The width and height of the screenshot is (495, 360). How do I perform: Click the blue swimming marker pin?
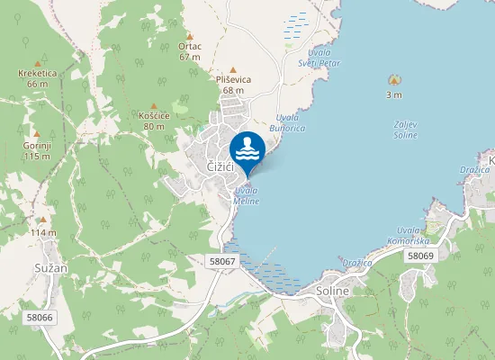(247, 149)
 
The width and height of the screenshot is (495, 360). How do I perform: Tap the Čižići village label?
(220, 167)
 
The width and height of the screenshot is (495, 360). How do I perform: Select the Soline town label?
(332, 291)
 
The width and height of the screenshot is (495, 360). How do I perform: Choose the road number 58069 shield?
(420, 256)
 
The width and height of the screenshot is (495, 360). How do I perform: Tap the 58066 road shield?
(40, 318)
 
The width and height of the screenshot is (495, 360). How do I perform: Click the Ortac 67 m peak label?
(189, 50)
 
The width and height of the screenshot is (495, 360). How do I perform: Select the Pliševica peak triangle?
(233, 69)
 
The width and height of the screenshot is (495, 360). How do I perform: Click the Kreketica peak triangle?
(38, 64)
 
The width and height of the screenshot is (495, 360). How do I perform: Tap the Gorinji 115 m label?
(37, 150)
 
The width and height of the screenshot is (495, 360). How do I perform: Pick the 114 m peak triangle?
(41, 220)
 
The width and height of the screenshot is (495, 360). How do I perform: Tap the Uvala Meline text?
(247, 195)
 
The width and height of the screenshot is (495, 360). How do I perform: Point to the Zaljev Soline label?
(405, 130)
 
